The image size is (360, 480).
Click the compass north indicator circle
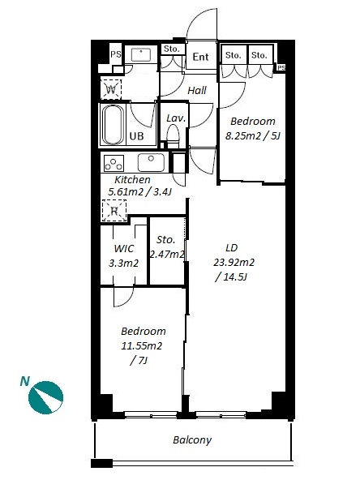pos(45,398)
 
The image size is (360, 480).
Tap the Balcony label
pos(192,440)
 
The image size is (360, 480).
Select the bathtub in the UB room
pos(113,125)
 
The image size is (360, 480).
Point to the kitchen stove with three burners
pos(114,163)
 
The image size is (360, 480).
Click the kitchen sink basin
pos(151,162)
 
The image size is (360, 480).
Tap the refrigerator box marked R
pos(114,210)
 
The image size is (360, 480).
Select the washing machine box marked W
pos(111,89)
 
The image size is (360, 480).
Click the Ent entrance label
pos(200,57)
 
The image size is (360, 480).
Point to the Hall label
pos(197,90)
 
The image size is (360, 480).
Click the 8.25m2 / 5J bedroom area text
pos(253,135)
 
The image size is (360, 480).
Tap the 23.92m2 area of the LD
pos(234,263)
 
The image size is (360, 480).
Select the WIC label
pos(124,248)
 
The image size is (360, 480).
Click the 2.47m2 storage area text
pos(167,254)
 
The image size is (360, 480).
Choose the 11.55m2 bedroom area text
pos(142,346)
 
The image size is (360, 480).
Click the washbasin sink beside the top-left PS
pos(141,55)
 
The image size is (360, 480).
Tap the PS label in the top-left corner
pos(116,54)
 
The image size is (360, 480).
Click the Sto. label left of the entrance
pos(171,49)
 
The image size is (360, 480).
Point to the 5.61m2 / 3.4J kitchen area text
pos(140,192)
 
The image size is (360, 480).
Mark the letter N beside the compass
pos(25,381)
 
